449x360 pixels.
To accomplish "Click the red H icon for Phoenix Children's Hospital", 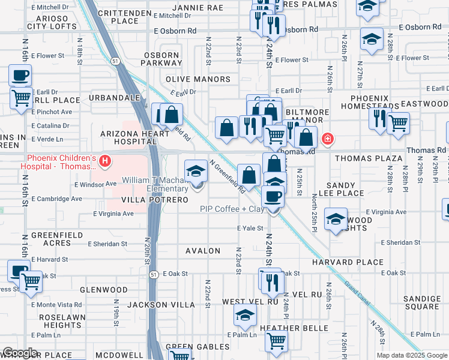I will [105, 161].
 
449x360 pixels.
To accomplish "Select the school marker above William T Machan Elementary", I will [196, 172].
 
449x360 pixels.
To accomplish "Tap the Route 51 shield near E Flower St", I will [114, 60].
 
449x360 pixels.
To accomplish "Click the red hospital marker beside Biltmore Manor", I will [327, 139].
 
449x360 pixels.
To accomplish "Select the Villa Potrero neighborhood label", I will [151, 199].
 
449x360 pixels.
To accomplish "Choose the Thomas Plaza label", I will [368, 158].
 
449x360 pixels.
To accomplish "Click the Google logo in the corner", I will [20, 353].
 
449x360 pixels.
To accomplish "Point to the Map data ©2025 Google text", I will [412, 355].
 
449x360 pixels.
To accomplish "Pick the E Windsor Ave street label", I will [95, 184].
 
